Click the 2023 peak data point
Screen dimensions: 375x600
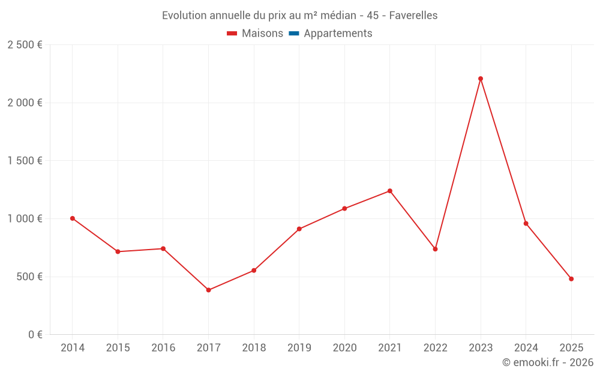point(481,79)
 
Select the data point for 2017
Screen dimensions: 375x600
point(209,290)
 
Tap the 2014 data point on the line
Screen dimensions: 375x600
point(73,218)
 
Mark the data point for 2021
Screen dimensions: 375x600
point(390,191)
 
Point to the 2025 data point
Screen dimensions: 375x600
point(571,279)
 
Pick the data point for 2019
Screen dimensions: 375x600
point(299,229)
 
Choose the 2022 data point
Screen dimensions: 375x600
point(435,249)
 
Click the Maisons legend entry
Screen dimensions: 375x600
point(262,34)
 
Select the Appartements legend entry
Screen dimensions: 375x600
point(338,34)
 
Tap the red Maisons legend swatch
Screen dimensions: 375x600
point(232,34)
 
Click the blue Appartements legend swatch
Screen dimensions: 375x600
point(294,34)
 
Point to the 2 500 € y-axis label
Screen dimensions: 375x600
point(25,45)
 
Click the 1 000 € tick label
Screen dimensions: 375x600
point(25,219)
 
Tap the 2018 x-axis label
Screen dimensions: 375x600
point(254,348)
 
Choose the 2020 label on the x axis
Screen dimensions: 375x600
point(344,348)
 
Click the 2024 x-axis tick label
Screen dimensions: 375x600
point(526,348)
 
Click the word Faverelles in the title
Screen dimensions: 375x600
point(413,16)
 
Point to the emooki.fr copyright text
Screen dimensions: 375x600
point(548,362)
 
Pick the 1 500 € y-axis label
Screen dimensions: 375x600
point(25,161)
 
